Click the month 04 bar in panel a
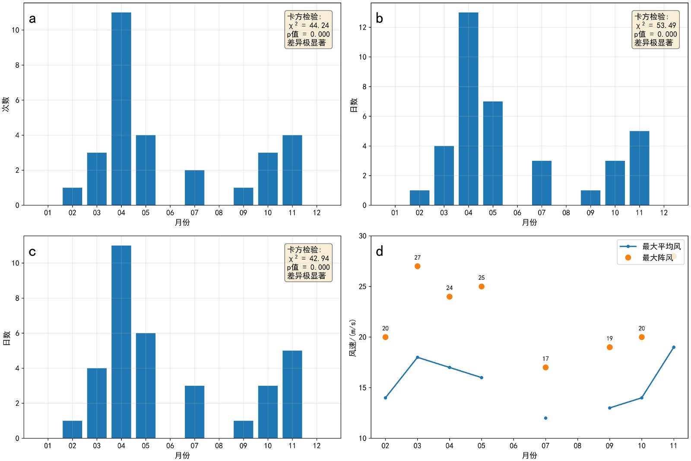(x=121, y=109)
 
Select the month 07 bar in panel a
(x=194, y=187)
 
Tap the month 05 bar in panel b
(x=493, y=153)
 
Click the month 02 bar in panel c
(x=72, y=429)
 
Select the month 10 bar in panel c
(x=268, y=412)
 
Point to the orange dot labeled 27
(x=417, y=266)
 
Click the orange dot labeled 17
(x=545, y=368)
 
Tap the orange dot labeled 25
(x=482, y=287)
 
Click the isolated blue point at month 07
(x=545, y=418)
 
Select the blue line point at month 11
(x=674, y=347)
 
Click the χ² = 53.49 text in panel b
(x=656, y=26)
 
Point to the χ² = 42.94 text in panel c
(x=308, y=259)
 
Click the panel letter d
(x=379, y=251)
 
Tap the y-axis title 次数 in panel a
(x=6, y=104)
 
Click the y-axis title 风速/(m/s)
(x=353, y=338)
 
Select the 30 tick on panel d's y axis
(x=362, y=236)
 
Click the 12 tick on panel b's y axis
(x=362, y=27)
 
